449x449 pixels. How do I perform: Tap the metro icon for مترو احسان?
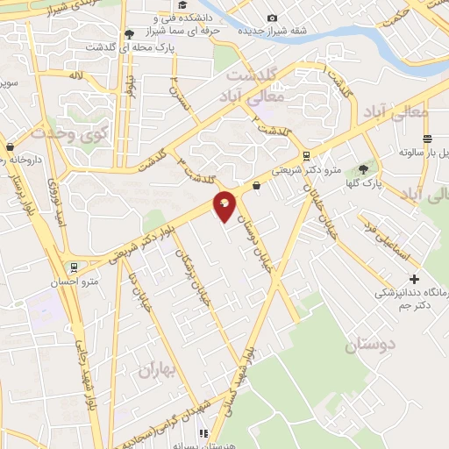coord(75,268)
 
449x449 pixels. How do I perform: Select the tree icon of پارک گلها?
coord(364,169)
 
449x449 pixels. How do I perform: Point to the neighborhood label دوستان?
coord(369,345)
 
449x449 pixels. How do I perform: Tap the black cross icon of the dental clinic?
coord(414,278)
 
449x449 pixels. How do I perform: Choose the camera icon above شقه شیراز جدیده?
coord(272,18)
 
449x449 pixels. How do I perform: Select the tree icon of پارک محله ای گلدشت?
coord(130,33)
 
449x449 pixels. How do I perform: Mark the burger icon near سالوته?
coord(427,139)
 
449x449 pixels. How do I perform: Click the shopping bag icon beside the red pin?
coord(256,185)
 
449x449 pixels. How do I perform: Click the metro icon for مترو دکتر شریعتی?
coord(305,155)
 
